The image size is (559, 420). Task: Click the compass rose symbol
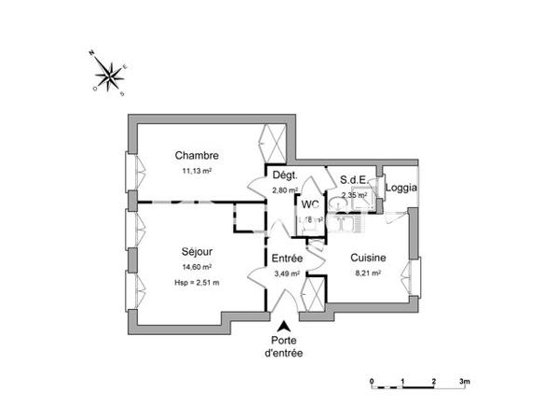pos(110,75)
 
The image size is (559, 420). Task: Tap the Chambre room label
pos(197,156)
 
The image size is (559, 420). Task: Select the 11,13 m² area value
pos(197,171)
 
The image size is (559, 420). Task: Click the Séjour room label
pos(197,251)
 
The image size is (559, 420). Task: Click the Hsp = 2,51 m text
pos(197,282)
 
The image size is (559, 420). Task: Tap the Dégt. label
pos(284,175)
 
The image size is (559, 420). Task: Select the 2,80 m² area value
pos(284,190)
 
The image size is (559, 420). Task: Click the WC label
pos(311,204)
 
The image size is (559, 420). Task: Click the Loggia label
pos(402,188)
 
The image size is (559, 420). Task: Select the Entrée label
pos(287,258)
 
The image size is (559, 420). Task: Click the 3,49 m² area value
pos(287,273)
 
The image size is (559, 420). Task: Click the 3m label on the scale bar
pos(465,382)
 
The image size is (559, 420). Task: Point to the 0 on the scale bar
pos(371,382)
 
